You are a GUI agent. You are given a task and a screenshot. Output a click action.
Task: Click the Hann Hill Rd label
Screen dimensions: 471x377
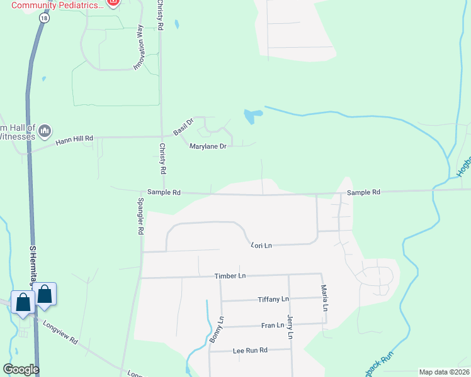click(74, 138)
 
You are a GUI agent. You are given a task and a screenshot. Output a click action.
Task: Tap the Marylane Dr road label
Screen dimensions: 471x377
click(208, 146)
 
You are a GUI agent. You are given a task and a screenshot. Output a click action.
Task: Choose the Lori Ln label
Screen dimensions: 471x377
click(261, 245)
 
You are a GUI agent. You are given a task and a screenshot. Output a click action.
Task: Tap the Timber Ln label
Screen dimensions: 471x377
click(230, 276)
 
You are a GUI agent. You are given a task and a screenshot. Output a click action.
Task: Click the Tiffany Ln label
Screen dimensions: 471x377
click(273, 299)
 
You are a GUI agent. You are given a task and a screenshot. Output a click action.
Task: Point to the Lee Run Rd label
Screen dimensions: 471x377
click(250, 350)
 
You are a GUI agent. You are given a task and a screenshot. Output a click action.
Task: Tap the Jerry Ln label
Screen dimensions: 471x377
click(290, 327)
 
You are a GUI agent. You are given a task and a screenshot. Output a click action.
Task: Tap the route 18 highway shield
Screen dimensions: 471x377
click(43, 19)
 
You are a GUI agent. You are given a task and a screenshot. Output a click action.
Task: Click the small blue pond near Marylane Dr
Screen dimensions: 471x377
click(253, 116)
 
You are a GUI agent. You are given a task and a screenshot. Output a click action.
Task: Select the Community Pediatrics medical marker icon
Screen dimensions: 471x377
click(113, 3)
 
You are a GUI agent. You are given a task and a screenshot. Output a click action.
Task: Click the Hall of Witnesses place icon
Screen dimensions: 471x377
click(44, 131)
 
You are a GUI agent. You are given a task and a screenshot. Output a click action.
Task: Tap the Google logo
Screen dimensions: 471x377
click(21, 369)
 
